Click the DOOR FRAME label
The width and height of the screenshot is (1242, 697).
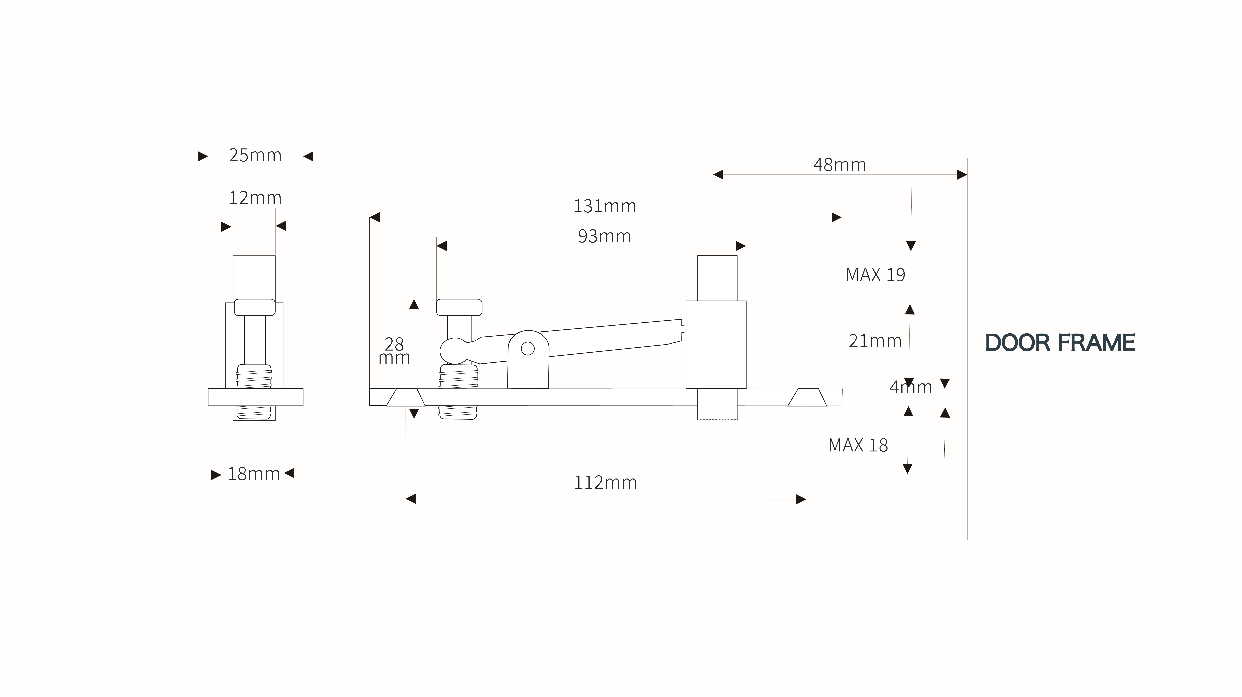(1060, 343)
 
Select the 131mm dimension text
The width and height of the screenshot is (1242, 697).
(605, 206)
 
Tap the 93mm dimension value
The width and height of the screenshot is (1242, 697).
(605, 236)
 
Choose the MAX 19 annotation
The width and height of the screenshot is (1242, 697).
(876, 275)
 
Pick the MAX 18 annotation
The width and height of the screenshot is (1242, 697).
(858, 445)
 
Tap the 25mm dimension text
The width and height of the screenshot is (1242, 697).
(255, 155)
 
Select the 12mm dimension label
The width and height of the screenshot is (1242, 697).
(255, 198)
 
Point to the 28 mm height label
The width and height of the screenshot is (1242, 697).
(394, 351)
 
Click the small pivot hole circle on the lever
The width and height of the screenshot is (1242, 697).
(528, 348)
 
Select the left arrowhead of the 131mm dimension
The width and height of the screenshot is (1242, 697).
(375, 218)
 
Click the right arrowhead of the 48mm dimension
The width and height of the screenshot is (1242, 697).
(962, 175)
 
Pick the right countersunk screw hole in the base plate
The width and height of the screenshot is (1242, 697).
(807, 397)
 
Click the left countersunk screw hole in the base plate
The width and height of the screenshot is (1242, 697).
(405, 397)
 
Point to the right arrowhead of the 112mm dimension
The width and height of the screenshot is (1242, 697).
(801, 499)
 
